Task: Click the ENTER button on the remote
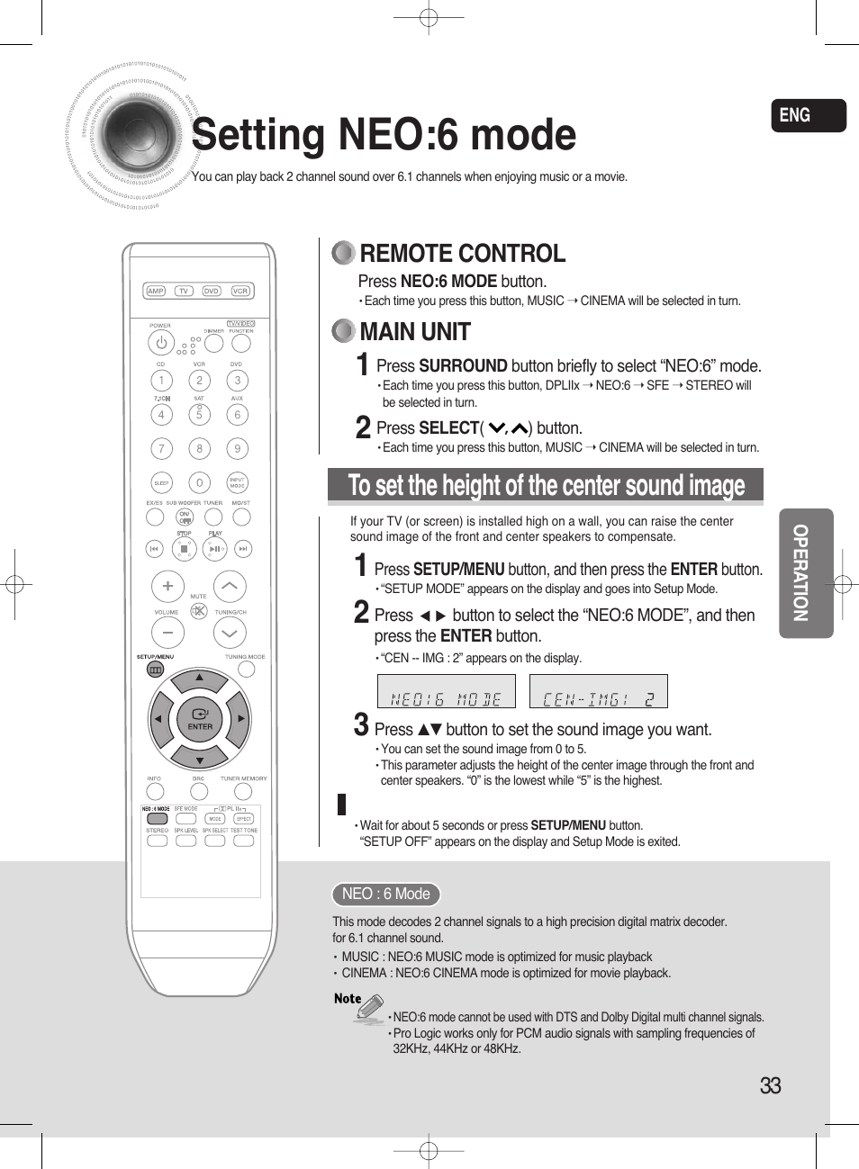(x=200, y=718)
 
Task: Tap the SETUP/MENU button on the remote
(x=155, y=670)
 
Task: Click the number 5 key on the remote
(x=199, y=415)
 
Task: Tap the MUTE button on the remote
(x=199, y=611)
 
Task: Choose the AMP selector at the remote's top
(x=156, y=291)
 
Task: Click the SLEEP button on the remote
(x=161, y=483)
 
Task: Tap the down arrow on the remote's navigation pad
(x=200, y=754)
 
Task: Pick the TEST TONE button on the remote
(x=244, y=841)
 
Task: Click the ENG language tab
(x=808, y=115)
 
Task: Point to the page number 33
(x=770, y=1085)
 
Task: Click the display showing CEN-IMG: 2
(x=599, y=692)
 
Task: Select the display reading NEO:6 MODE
(x=446, y=692)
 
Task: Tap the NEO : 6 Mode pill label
(x=385, y=894)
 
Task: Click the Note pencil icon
(x=369, y=1007)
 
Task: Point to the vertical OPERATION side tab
(x=805, y=573)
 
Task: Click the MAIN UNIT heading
(x=414, y=332)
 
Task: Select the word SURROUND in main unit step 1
(x=463, y=365)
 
